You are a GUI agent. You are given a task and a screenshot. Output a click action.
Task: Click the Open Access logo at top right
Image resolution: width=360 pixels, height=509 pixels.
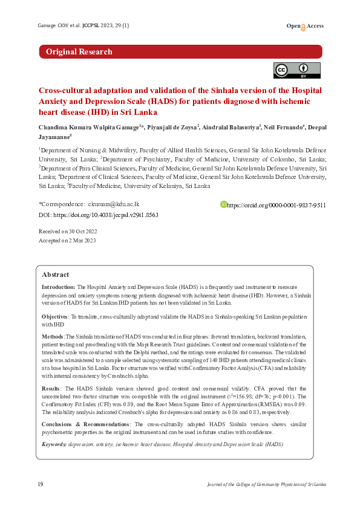tap(305, 26)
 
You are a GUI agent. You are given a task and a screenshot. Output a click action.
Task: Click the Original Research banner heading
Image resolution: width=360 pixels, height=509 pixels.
tap(79, 52)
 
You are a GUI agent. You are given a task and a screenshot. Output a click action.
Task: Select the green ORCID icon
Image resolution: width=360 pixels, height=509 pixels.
tap(223, 205)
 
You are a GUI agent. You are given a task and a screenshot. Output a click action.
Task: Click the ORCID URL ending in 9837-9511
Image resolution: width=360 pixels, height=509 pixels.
tap(277, 206)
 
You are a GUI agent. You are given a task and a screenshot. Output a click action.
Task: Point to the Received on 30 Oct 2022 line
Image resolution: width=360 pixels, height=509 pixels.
tap(68, 232)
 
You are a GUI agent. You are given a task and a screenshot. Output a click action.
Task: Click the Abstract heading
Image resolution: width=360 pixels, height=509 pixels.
tap(55, 274)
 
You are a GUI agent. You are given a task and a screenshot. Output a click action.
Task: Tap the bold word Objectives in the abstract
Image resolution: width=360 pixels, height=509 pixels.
tap(54, 317)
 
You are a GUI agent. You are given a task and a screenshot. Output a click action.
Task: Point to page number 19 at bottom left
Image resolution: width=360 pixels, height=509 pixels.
tap(40, 485)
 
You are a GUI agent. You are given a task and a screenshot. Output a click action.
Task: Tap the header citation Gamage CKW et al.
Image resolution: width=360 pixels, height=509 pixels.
tap(51, 26)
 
